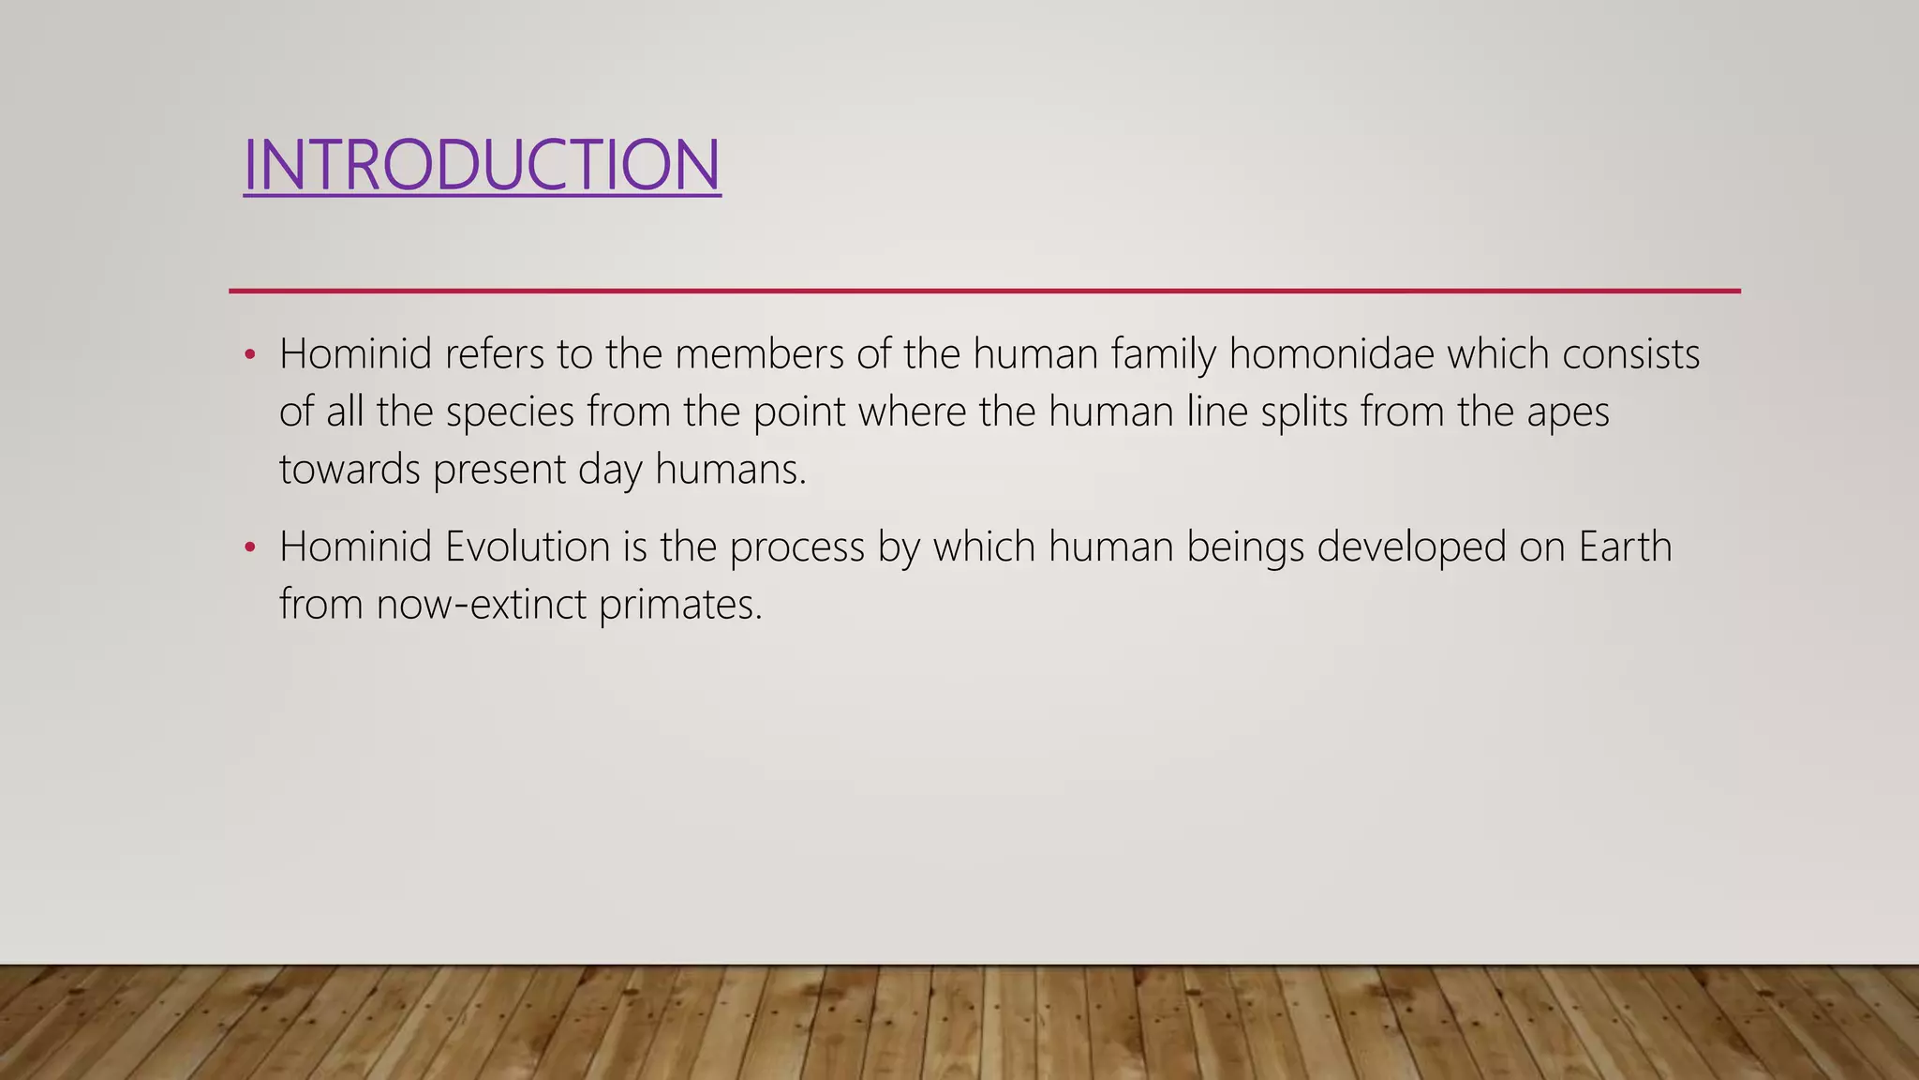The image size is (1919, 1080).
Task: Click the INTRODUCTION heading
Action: [482, 165]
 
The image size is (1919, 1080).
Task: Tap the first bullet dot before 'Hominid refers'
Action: [249, 355]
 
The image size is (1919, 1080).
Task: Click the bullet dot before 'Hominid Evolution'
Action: [249, 547]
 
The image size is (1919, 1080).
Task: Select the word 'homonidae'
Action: [1331, 354]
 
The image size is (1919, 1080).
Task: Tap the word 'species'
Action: [510, 412]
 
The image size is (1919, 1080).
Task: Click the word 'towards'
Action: [350, 469]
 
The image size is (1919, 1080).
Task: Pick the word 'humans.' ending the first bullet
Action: [730, 469]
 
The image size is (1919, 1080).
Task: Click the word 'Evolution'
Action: [528, 547]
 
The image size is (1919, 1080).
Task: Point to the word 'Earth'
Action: [1625, 547]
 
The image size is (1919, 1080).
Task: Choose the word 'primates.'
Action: [681, 605]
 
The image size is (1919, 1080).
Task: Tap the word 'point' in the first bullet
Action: [799, 412]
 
